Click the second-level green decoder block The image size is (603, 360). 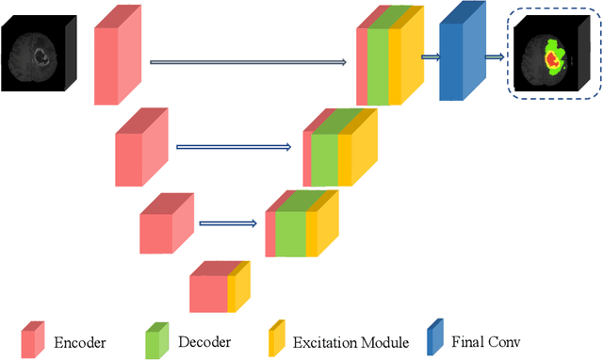coord(324,154)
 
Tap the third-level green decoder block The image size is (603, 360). coord(289,228)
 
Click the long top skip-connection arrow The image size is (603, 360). coord(249,63)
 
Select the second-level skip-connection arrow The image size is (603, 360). coord(235,146)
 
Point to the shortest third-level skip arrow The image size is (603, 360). coord(227,224)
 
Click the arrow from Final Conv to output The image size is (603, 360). coord(494,57)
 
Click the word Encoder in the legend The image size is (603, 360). coord(79,341)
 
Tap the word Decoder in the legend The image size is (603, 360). coord(204,341)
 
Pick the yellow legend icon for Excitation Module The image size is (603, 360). coord(277,338)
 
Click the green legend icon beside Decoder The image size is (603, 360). coord(156,338)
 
